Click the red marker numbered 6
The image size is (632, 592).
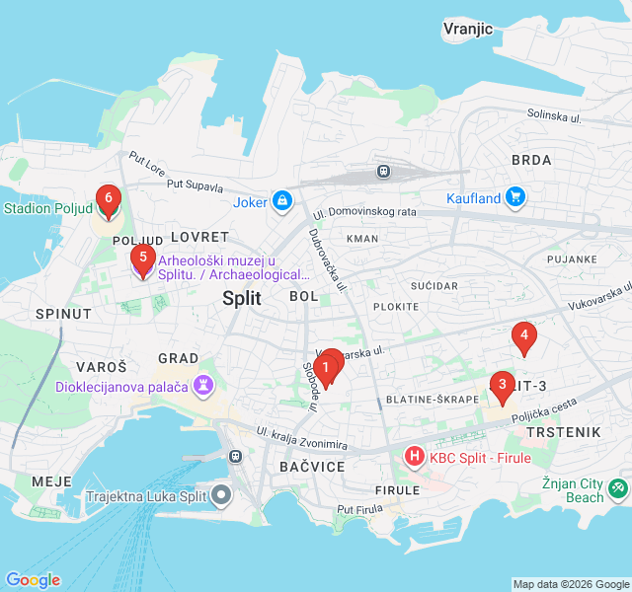[108, 200]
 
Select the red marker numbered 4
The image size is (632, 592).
[524, 338]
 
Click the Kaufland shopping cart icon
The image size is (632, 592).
[514, 198]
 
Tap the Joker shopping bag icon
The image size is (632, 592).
[282, 201]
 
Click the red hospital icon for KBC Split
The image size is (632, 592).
[414, 457]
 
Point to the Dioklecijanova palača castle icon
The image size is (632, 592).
[204, 386]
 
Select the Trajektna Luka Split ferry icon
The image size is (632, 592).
[223, 496]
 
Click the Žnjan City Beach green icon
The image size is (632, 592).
[618, 486]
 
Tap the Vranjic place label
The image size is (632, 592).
[468, 29]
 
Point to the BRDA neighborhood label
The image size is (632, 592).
[531, 160]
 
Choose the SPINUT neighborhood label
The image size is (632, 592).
[63, 314]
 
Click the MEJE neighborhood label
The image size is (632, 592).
[51, 481]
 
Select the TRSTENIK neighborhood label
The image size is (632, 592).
[563, 433]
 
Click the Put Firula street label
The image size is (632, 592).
[359, 509]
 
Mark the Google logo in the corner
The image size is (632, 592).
[33, 580]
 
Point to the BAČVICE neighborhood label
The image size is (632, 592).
[312, 466]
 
